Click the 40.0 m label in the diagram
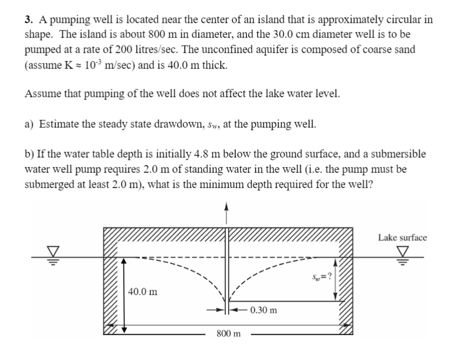[x=142, y=292]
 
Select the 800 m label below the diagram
[x=229, y=334]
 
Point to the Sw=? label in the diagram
[x=322, y=277]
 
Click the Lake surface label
[x=402, y=237]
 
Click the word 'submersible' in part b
[x=400, y=154]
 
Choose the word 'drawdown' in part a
[x=170, y=124]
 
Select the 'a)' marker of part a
[x=30, y=124]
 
